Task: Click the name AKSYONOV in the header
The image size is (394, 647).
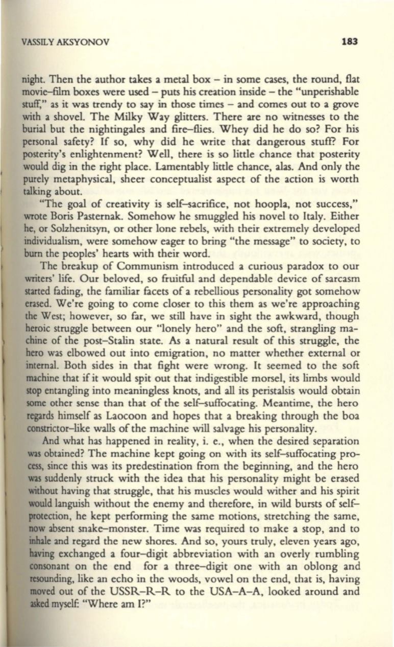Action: [86, 42]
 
